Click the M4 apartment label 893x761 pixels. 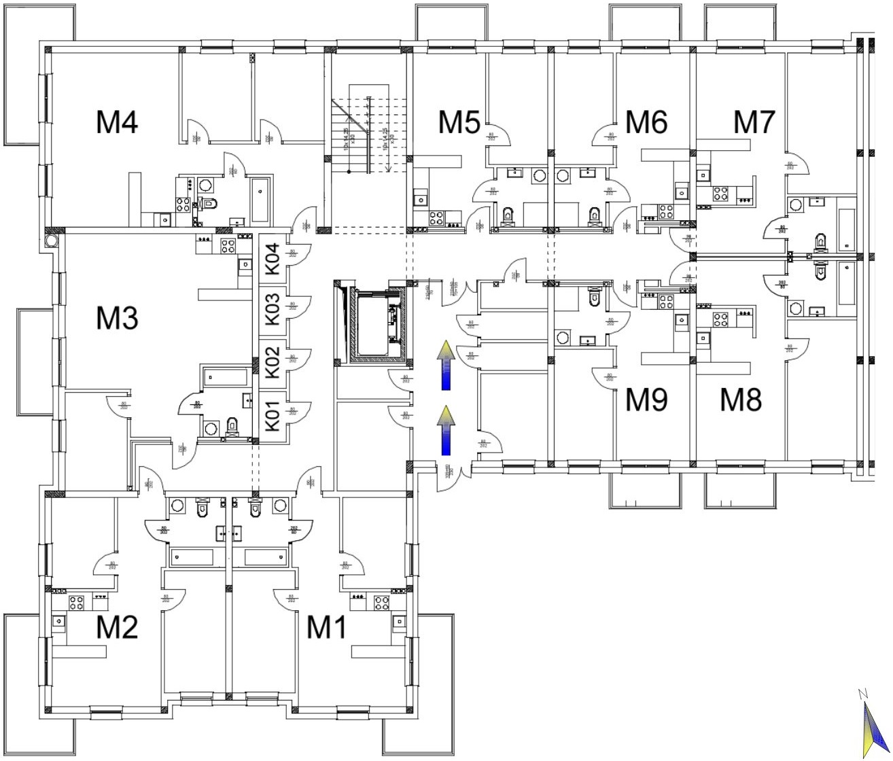coord(118,123)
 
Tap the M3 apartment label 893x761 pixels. coord(118,318)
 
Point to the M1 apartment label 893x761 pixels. coord(327,626)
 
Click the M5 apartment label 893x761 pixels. coord(459,123)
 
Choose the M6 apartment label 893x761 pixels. coord(646,122)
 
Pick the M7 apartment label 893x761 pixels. coord(754,122)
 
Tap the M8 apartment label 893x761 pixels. coord(741,400)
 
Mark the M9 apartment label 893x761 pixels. coord(646,400)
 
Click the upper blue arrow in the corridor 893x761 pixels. coord(446,366)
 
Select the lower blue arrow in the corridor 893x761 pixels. coord(446,430)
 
